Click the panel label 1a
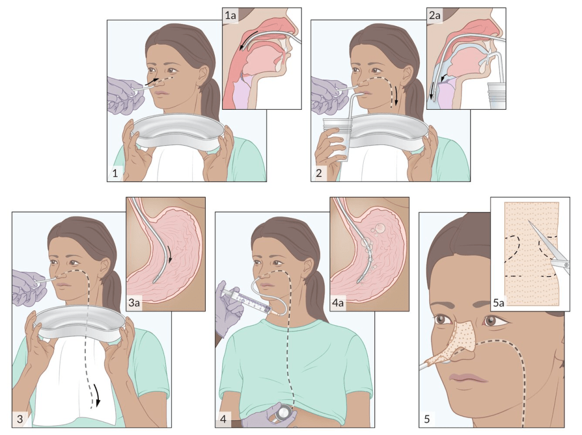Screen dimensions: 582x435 click(230, 15)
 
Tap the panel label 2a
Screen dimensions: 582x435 click(435, 15)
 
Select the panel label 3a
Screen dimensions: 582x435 click(134, 303)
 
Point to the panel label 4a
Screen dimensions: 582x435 click(338, 303)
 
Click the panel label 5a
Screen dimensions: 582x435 click(498, 303)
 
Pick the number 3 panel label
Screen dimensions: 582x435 click(20, 419)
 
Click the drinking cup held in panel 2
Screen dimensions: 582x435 click(336, 139)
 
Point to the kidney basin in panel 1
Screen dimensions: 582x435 click(178, 131)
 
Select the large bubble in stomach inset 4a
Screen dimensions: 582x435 click(380, 227)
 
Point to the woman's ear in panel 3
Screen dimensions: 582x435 click(105, 266)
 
